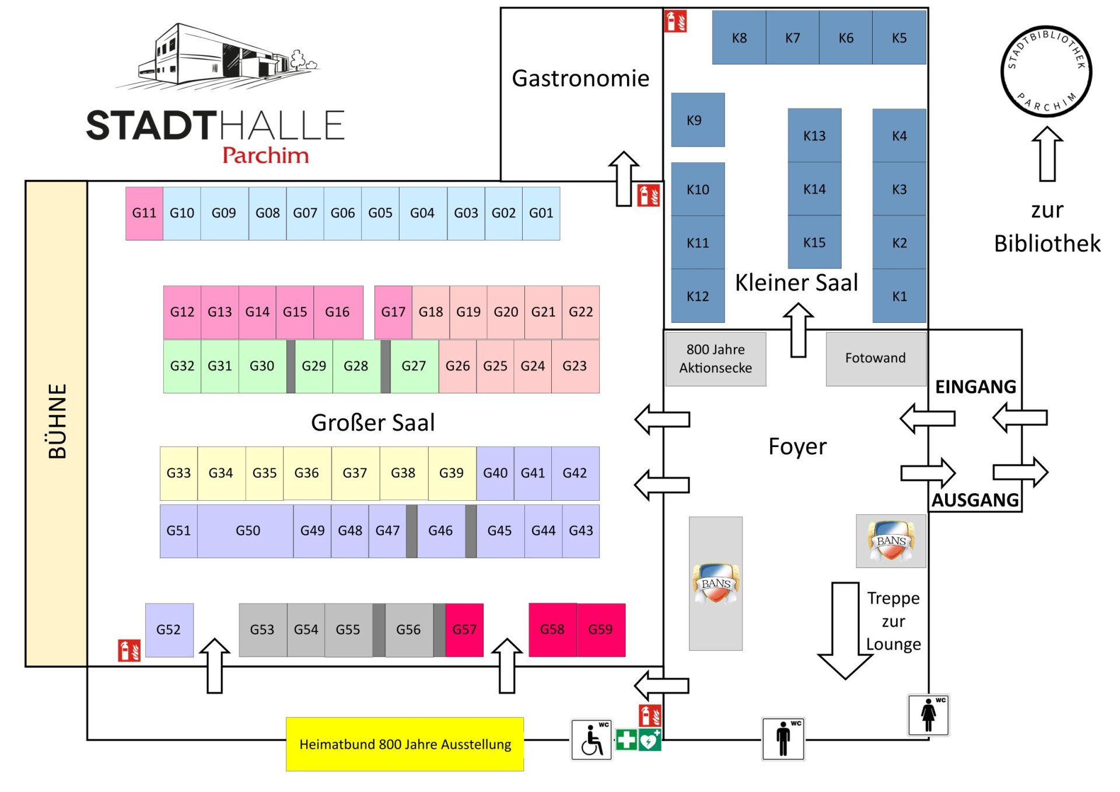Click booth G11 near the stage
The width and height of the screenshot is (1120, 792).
pos(144,213)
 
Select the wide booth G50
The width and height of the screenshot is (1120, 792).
pos(247,531)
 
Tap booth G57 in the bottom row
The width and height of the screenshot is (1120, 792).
pos(464,630)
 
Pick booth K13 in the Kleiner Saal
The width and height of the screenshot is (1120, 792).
pos(814,136)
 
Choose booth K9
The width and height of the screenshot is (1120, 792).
pos(697,120)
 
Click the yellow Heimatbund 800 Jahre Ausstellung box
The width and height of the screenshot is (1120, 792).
pos(405,744)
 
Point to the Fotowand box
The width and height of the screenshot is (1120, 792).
pos(875,358)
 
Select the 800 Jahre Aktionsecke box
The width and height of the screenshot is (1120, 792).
pos(715,358)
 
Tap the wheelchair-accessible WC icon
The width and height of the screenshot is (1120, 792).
pos(591,739)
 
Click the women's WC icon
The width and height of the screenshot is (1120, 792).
pos(928,714)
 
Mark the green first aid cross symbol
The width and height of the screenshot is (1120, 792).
pos(626,740)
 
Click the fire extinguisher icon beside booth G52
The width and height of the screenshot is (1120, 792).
pos(129,651)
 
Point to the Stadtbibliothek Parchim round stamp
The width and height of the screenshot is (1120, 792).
pos(1046,71)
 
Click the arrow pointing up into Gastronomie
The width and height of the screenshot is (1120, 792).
pos(624,178)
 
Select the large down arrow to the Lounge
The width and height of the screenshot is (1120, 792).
pos(845,630)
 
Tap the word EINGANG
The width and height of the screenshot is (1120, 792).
pos(975,387)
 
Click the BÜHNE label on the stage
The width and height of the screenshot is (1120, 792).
pos(57,421)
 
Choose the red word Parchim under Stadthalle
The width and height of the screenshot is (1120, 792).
pos(265,155)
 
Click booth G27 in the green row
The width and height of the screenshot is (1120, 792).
pos(414,366)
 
